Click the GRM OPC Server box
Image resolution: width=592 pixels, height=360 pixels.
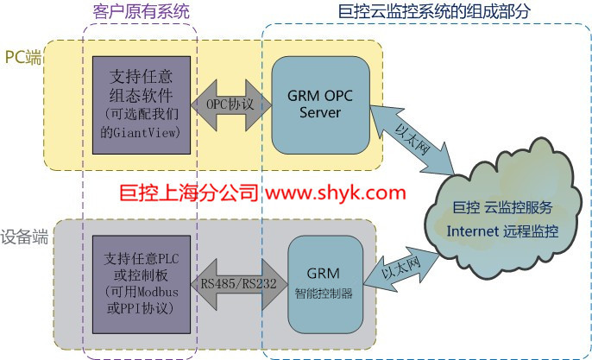(x=320, y=102)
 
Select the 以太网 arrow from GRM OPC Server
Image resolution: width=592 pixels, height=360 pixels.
(x=413, y=134)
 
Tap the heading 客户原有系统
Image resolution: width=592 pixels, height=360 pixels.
(x=141, y=11)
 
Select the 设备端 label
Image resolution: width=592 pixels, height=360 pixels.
(x=23, y=234)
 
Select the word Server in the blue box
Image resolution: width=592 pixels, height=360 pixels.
(x=320, y=112)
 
